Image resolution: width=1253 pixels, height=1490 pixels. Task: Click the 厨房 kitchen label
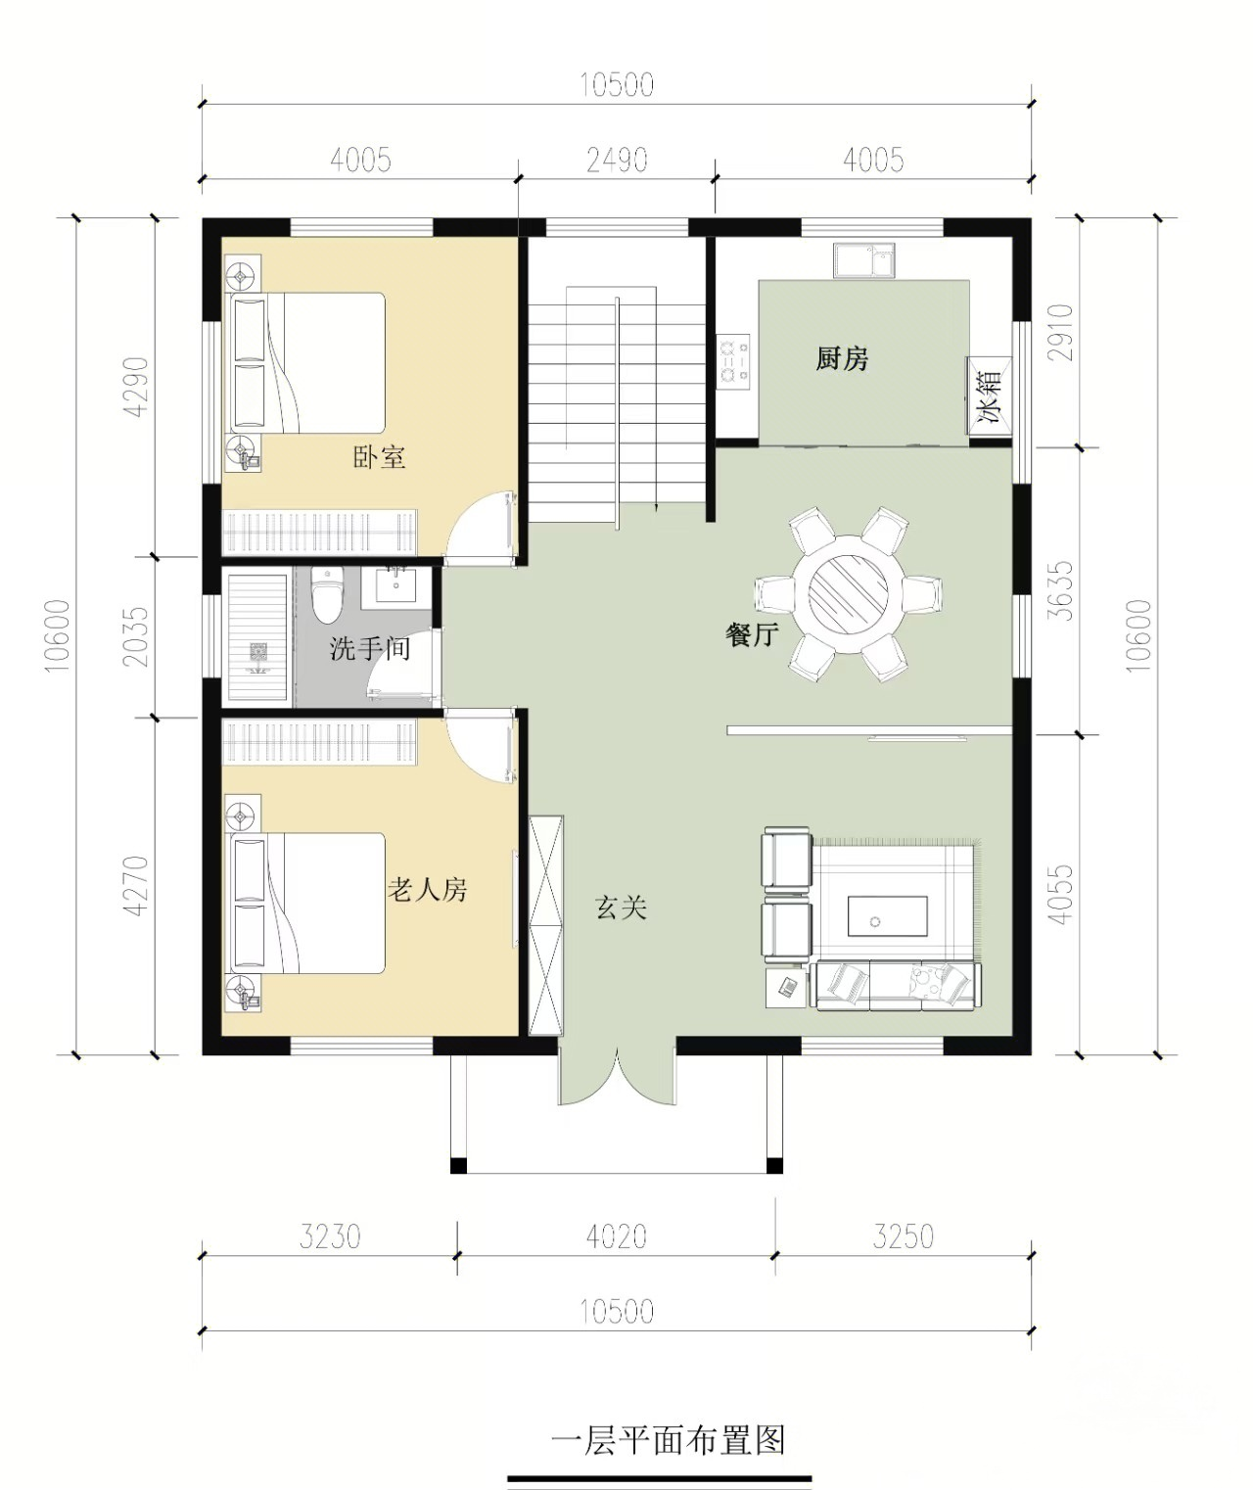pyautogui.click(x=842, y=358)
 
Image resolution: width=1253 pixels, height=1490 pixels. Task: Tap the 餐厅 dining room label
pyautogui.click(x=752, y=633)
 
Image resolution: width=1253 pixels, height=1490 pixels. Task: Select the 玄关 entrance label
pyautogui.click(x=621, y=908)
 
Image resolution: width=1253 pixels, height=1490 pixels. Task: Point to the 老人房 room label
pyautogui.click(x=428, y=890)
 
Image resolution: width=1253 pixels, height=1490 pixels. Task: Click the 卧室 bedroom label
pyautogui.click(x=380, y=457)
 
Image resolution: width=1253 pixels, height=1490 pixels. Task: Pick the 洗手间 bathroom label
pyautogui.click(x=370, y=649)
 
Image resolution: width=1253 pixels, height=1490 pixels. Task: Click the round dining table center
pyautogui.click(x=848, y=593)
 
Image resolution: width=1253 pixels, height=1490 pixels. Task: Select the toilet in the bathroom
pyautogui.click(x=328, y=595)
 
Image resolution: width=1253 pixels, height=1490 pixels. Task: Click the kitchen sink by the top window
pyautogui.click(x=864, y=260)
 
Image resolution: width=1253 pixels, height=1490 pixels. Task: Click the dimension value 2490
pyautogui.click(x=618, y=161)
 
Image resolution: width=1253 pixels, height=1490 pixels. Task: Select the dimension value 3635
pyautogui.click(x=1062, y=591)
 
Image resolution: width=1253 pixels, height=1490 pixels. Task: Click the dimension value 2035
pyautogui.click(x=135, y=636)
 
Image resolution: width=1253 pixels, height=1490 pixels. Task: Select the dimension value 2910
pyautogui.click(x=1062, y=333)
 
